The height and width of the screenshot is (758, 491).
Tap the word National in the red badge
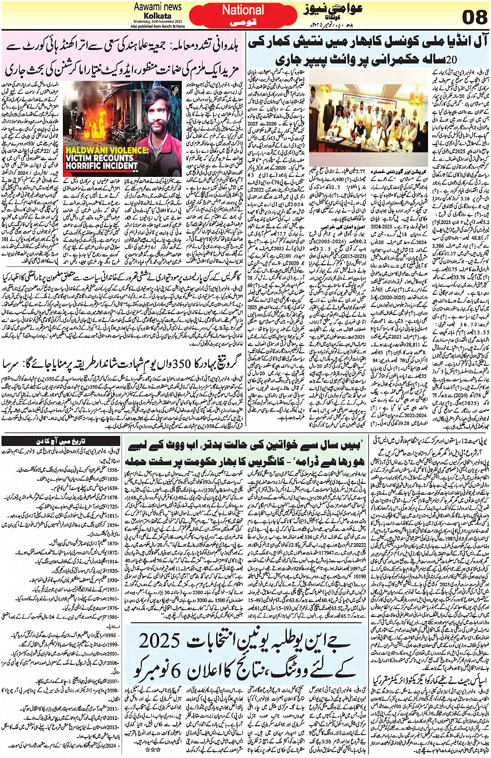pyautogui.click(x=243, y=10)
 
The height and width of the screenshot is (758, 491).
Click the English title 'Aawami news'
pyautogui.click(x=157, y=7)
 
